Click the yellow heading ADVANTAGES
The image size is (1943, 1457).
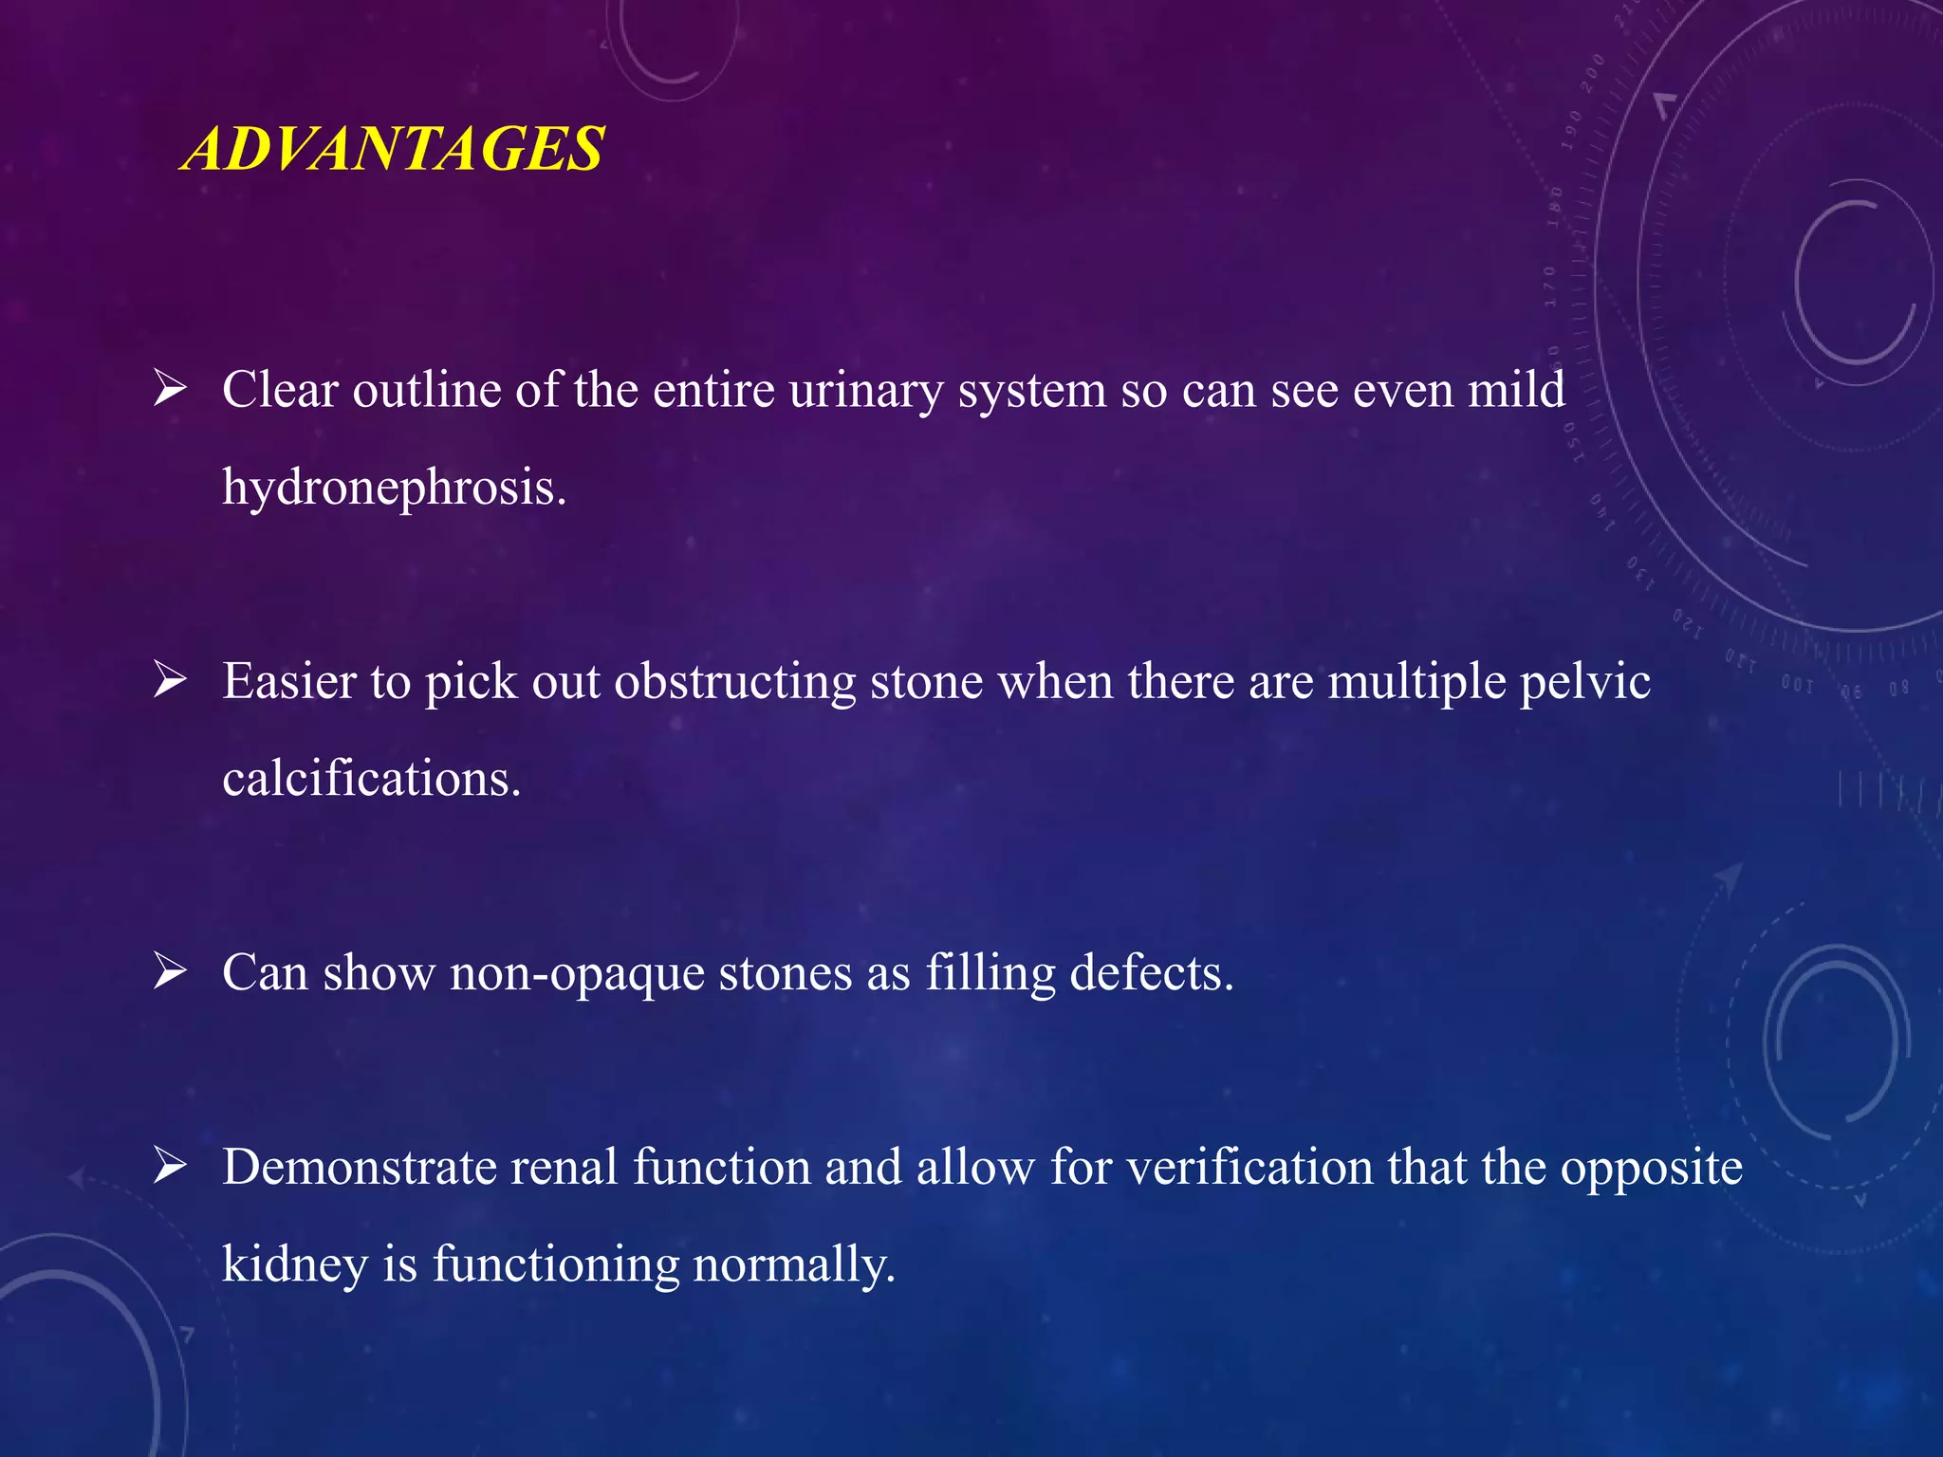(394, 149)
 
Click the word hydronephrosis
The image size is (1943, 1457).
(394, 488)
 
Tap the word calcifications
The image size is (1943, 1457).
(371, 779)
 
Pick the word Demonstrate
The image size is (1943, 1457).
(360, 1167)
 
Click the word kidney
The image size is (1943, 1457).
(295, 1265)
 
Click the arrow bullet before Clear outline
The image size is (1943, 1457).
(170, 389)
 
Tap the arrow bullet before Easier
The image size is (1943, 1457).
(170, 680)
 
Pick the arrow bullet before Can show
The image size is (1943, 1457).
(170, 971)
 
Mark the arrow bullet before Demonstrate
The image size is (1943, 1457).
(170, 1166)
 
